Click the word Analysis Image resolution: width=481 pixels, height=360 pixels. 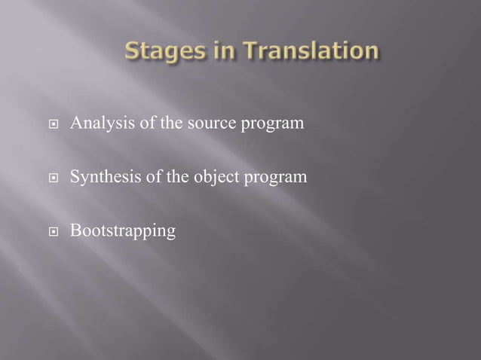(x=96, y=122)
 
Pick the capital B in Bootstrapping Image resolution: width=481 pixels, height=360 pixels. (x=74, y=231)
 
